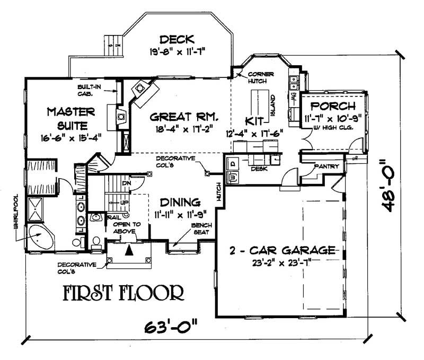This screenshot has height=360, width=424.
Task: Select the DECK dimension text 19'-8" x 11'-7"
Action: [178, 52]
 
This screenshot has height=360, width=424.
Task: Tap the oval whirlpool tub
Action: [40, 237]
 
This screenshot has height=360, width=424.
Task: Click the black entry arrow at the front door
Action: [128, 250]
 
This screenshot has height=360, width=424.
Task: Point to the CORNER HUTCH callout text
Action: [261, 77]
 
